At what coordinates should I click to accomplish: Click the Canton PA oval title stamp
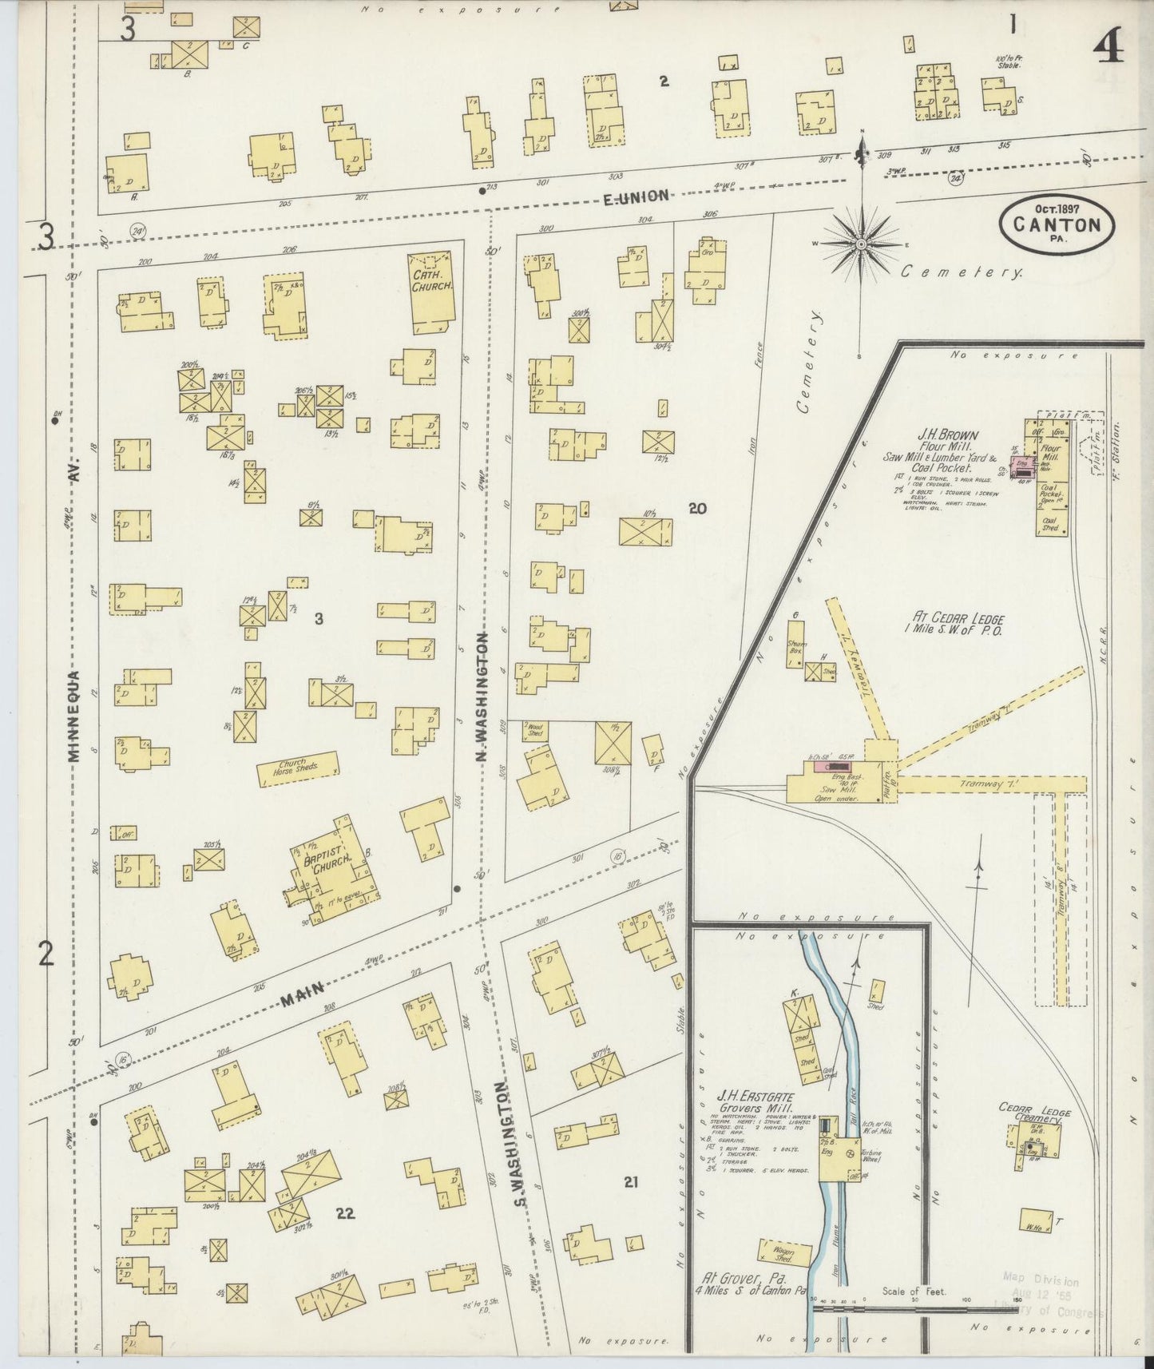1057,224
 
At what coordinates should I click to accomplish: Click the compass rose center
862,244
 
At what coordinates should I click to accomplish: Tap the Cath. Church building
432,292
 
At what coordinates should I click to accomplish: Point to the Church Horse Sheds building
297,770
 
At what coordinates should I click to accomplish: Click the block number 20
697,507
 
